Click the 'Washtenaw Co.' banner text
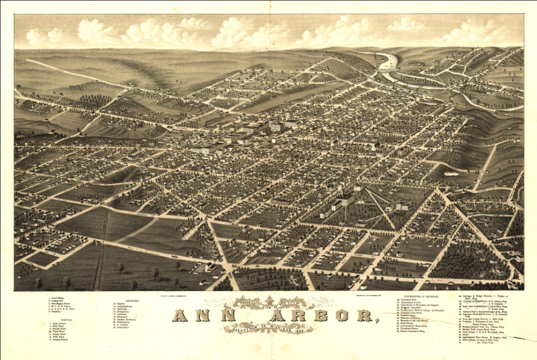pyautogui.click(x=245, y=328)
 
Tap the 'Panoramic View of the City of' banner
pyautogui.click(x=269, y=304)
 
